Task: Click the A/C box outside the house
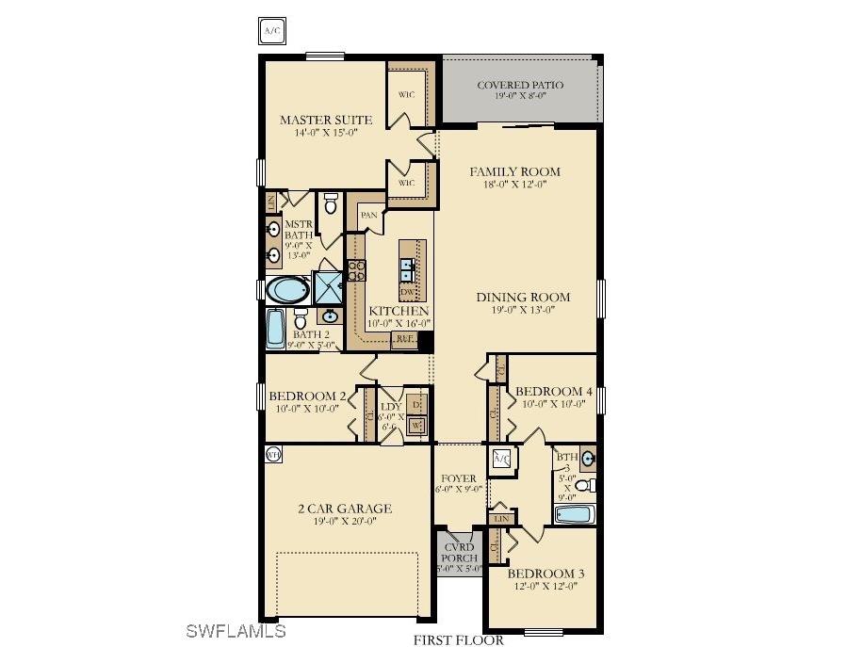(272, 31)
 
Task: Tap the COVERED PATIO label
(520, 86)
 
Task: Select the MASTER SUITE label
(326, 120)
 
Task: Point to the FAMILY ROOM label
(515, 171)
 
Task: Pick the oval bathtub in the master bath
(286, 287)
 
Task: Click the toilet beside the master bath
(331, 202)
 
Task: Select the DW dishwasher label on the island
(407, 292)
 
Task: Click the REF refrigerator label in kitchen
(405, 338)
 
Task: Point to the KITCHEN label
(399, 311)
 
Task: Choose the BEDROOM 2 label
(307, 396)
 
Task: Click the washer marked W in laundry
(415, 426)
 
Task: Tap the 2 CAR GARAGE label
(345, 509)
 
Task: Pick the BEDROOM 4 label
(555, 391)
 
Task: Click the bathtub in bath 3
(574, 515)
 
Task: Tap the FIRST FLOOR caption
(452, 639)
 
